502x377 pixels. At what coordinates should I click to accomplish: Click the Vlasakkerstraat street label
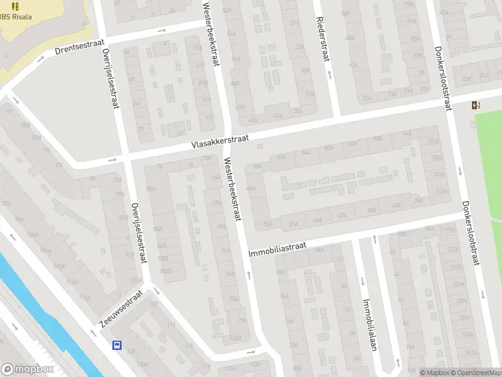pos(220,141)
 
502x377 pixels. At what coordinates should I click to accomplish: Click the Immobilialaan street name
pos(367,324)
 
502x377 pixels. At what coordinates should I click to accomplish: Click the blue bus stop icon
pos(117,345)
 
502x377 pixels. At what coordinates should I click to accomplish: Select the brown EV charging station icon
pos(474,105)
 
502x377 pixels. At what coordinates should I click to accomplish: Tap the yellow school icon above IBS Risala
pos(15,6)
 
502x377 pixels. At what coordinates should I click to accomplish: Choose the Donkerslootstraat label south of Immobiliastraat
pos(469,232)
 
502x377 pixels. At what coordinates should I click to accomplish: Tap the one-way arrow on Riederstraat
pos(329,75)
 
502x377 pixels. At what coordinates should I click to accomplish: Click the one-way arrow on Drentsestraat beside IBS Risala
pos(40,59)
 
